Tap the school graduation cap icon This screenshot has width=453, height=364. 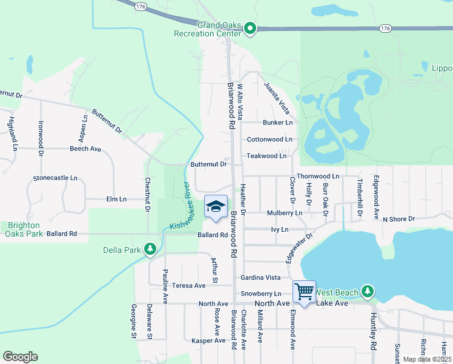click(216, 208)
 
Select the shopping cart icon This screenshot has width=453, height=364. click(304, 292)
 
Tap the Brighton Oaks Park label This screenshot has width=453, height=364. click(23, 228)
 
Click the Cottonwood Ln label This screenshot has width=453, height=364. click(269, 140)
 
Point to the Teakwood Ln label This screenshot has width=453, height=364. click(266, 156)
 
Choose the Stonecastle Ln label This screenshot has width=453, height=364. click(55, 178)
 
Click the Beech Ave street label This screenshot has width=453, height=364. click(85, 149)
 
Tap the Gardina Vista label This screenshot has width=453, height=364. click(260, 277)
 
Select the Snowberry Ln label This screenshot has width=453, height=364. click(260, 294)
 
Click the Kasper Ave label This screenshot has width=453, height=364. click(208, 341)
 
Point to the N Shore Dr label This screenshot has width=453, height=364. click(398, 218)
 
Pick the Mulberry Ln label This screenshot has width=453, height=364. click(285, 213)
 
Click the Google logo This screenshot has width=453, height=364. click(20, 357)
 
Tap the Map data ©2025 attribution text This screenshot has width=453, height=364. click(427, 359)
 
